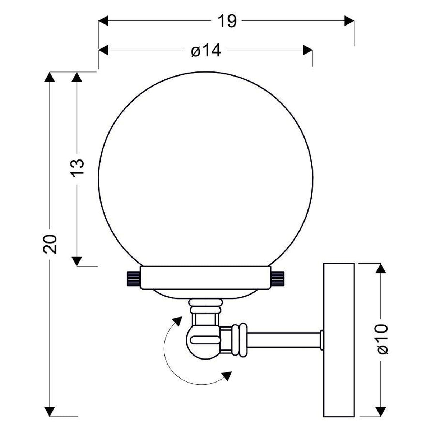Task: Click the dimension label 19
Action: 227,21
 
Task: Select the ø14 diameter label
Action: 206,51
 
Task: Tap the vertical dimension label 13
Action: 78,168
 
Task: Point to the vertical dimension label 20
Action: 50,244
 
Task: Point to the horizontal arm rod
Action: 284,340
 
